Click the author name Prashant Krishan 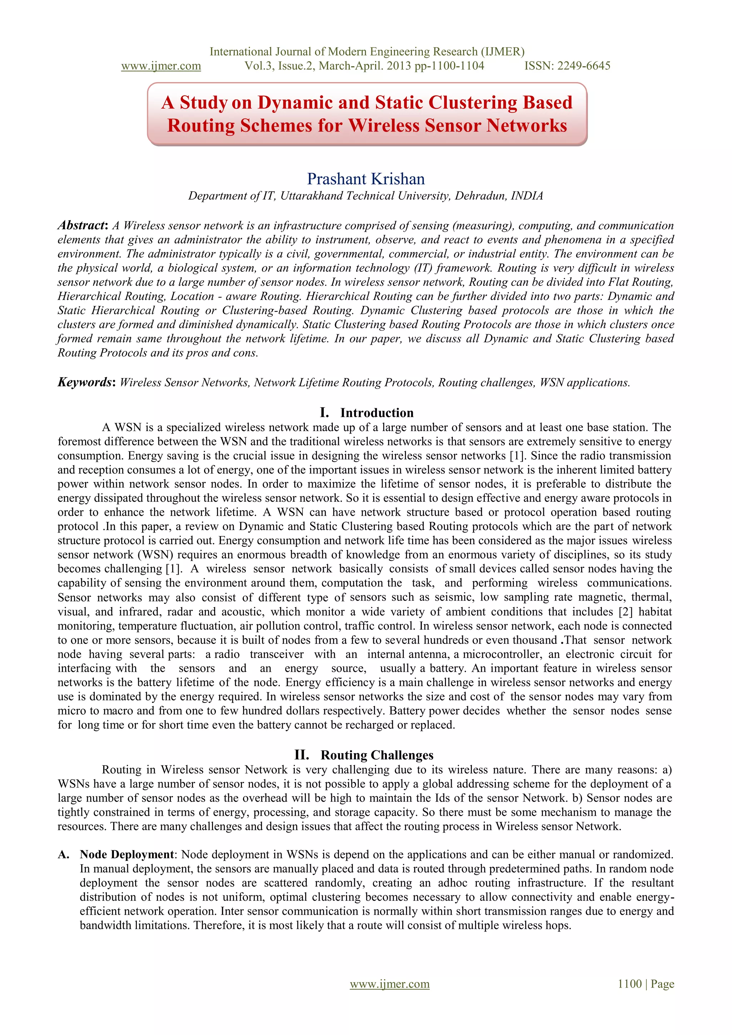[366, 179]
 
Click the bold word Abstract [81, 225]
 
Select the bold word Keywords [85, 382]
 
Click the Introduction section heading [377, 412]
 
